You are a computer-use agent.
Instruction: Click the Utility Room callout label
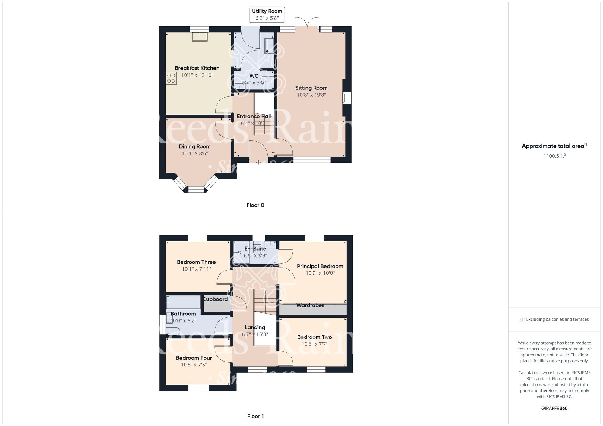[267, 14]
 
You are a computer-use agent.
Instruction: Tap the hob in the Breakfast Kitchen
[171, 78]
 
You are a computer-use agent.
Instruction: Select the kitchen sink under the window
[200, 36]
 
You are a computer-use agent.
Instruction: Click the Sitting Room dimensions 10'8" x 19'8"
[311, 95]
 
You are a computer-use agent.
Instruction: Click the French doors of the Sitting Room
[307, 24]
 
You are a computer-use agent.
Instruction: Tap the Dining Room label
[194, 146]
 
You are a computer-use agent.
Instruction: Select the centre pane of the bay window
[196, 190]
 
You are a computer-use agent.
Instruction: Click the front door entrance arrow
[258, 162]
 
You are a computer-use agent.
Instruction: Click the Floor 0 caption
[255, 205]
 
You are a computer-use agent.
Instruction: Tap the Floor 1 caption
[255, 416]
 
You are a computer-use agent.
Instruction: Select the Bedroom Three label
[196, 262]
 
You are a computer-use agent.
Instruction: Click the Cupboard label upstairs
[215, 299]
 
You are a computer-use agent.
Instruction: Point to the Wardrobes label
[310, 305]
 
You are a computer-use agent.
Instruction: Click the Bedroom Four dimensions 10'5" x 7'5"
[194, 365]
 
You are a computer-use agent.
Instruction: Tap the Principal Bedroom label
[320, 266]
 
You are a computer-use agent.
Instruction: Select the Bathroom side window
[163, 324]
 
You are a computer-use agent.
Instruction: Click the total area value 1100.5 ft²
[554, 156]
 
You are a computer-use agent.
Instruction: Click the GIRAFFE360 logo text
[554, 409]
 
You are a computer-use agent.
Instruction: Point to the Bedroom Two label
[314, 337]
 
